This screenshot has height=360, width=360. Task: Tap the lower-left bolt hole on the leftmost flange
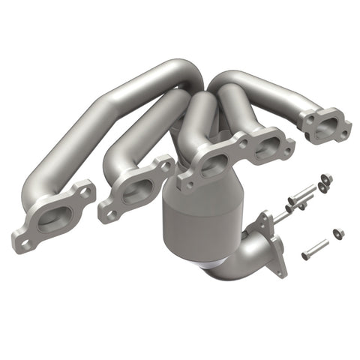point(25,242)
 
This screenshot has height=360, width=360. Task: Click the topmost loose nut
point(325,178)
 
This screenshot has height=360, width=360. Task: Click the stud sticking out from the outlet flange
point(279,217)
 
